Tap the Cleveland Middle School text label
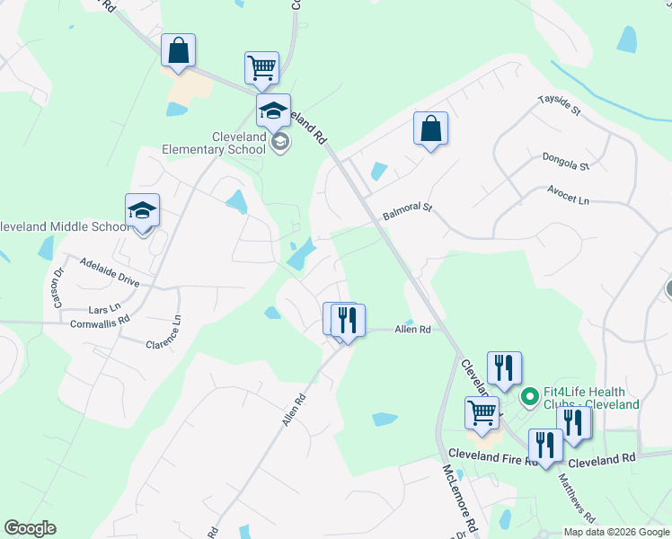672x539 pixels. [65, 226]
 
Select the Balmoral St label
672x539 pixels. [408, 212]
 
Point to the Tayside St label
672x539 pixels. [560, 105]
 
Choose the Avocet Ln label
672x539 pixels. [570, 194]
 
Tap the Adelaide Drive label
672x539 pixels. [110, 270]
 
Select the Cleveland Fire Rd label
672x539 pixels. [491, 458]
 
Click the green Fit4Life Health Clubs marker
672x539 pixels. [530, 394]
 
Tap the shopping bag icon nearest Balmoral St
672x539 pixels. [430, 128]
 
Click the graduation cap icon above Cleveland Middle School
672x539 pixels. [142, 210]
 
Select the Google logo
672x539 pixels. [30, 528]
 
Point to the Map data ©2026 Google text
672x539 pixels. [615, 532]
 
